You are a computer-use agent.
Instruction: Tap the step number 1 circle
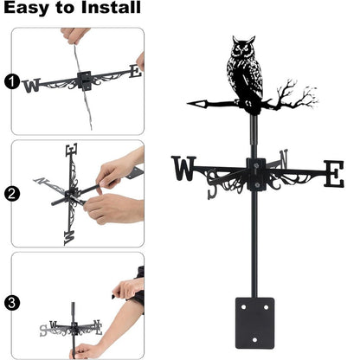pyautogui.click(x=11, y=82)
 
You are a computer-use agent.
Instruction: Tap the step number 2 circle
pyautogui.click(x=11, y=193)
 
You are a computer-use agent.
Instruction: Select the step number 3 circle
pyautogui.click(x=11, y=303)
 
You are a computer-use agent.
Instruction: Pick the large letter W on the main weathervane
pyautogui.click(x=183, y=170)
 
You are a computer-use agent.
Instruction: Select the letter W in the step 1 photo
pyautogui.click(x=32, y=86)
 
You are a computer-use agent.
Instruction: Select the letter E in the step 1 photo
pyautogui.click(x=133, y=72)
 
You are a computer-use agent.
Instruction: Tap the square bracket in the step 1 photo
pyautogui.click(x=84, y=81)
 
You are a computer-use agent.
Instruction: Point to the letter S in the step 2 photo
pyautogui.click(x=69, y=235)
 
